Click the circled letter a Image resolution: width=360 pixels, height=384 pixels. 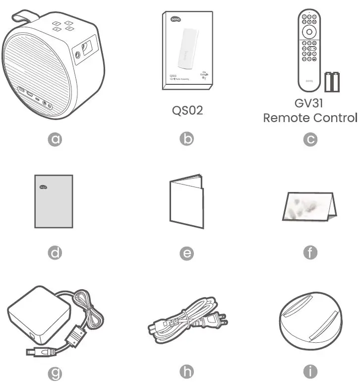click(x=56, y=139)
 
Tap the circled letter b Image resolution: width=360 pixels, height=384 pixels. click(x=186, y=139)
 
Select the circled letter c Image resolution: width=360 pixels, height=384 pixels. click(x=310, y=139)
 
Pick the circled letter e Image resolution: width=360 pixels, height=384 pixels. click(x=186, y=253)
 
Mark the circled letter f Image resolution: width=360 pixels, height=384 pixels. click(x=310, y=253)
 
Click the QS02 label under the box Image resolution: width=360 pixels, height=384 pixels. click(x=187, y=110)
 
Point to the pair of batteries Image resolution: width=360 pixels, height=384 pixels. click(x=332, y=82)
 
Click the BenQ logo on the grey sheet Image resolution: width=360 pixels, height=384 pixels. click(x=43, y=187)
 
